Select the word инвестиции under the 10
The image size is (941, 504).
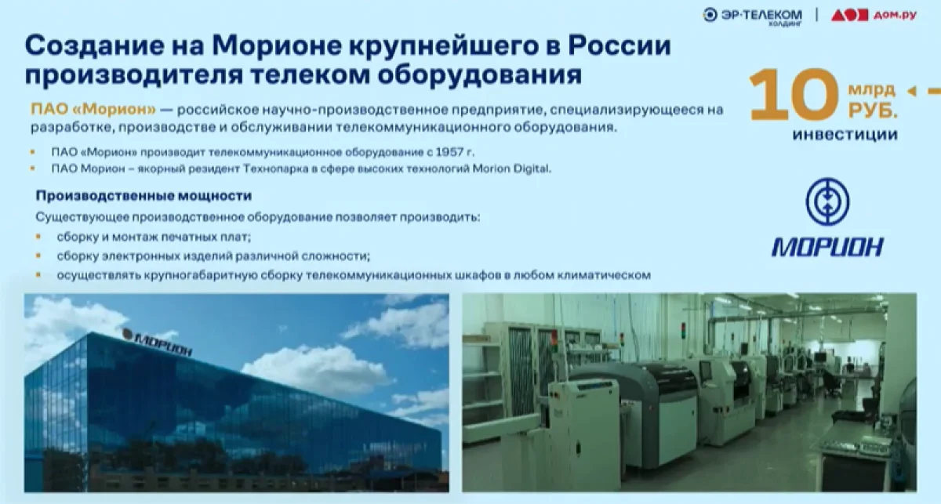tap(845, 134)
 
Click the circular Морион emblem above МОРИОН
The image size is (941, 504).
tap(827, 202)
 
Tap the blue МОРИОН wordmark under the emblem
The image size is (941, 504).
tap(827, 247)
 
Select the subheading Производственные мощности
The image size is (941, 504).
tap(144, 196)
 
